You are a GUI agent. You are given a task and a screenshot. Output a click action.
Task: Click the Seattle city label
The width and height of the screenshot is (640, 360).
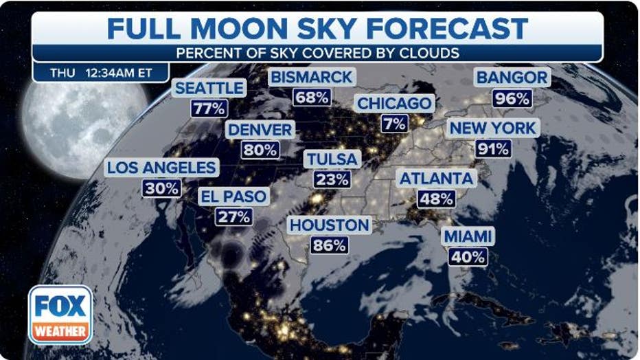point(209,88)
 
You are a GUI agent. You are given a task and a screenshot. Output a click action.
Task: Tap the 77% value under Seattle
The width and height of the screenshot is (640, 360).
point(209,108)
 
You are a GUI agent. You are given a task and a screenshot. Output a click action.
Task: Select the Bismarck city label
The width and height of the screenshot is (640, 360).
point(312,77)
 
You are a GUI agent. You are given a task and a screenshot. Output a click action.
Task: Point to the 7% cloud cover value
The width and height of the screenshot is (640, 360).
point(396,123)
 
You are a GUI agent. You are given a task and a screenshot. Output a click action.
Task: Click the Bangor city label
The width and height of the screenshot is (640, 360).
point(512,77)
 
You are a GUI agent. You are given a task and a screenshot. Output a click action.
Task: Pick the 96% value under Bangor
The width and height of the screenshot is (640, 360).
point(512,98)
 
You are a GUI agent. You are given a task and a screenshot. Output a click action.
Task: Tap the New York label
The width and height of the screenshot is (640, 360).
point(492,128)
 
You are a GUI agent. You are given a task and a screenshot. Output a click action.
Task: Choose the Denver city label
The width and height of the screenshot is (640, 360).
point(260,130)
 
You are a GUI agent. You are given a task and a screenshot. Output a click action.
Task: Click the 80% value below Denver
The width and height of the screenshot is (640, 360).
point(260,150)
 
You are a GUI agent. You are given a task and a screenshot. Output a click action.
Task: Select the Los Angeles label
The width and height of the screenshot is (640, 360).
point(162,168)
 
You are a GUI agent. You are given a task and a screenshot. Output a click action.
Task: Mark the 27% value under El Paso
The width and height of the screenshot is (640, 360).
point(233,216)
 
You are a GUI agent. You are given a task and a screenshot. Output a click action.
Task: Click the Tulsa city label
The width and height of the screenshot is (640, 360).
point(332,159)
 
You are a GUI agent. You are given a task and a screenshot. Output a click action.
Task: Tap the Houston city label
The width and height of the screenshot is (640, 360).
point(330,225)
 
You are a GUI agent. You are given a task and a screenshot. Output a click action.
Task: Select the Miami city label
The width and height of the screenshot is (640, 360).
point(468,237)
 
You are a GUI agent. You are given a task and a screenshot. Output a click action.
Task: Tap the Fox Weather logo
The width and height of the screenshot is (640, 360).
point(60,314)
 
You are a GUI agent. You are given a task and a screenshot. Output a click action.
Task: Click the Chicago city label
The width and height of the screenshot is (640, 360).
point(396,104)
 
